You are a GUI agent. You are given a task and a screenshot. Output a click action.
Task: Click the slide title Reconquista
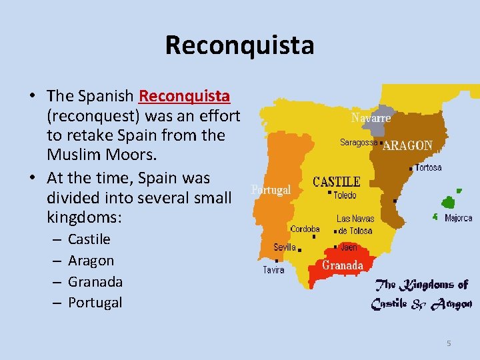tap(239, 45)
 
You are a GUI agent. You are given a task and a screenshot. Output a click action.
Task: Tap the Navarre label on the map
tap(371, 118)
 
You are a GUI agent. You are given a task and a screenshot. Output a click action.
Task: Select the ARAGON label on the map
tap(407, 145)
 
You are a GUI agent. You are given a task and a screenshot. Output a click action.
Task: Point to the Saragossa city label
tap(359, 142)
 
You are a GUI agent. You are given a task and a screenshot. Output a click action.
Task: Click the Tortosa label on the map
tap(428, 167)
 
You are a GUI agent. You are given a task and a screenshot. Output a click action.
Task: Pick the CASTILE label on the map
tap(337, 181)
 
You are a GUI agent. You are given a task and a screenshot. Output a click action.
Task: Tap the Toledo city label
tap(345, 195)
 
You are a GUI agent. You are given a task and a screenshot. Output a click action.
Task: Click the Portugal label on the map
tap(271, 189)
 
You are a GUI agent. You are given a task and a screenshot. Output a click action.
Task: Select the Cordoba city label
tap(305, 229)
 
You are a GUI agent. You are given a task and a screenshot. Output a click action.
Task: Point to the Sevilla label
tap(285, 247)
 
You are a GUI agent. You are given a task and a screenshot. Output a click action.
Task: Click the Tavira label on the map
tap(273, 270)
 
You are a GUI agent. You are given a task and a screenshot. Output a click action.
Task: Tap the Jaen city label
tap(349, 247)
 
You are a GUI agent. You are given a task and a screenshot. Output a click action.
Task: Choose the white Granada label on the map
tap(343, 265)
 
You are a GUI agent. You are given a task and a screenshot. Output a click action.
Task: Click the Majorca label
tap(458, 218)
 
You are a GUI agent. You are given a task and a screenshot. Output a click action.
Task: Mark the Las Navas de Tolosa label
tap(355, 225)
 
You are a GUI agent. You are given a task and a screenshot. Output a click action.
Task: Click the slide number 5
tap(449, 343)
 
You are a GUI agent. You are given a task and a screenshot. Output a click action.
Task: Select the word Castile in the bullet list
tap(89, 239)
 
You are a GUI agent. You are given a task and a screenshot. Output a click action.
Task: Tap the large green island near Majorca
tap(450, 202)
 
